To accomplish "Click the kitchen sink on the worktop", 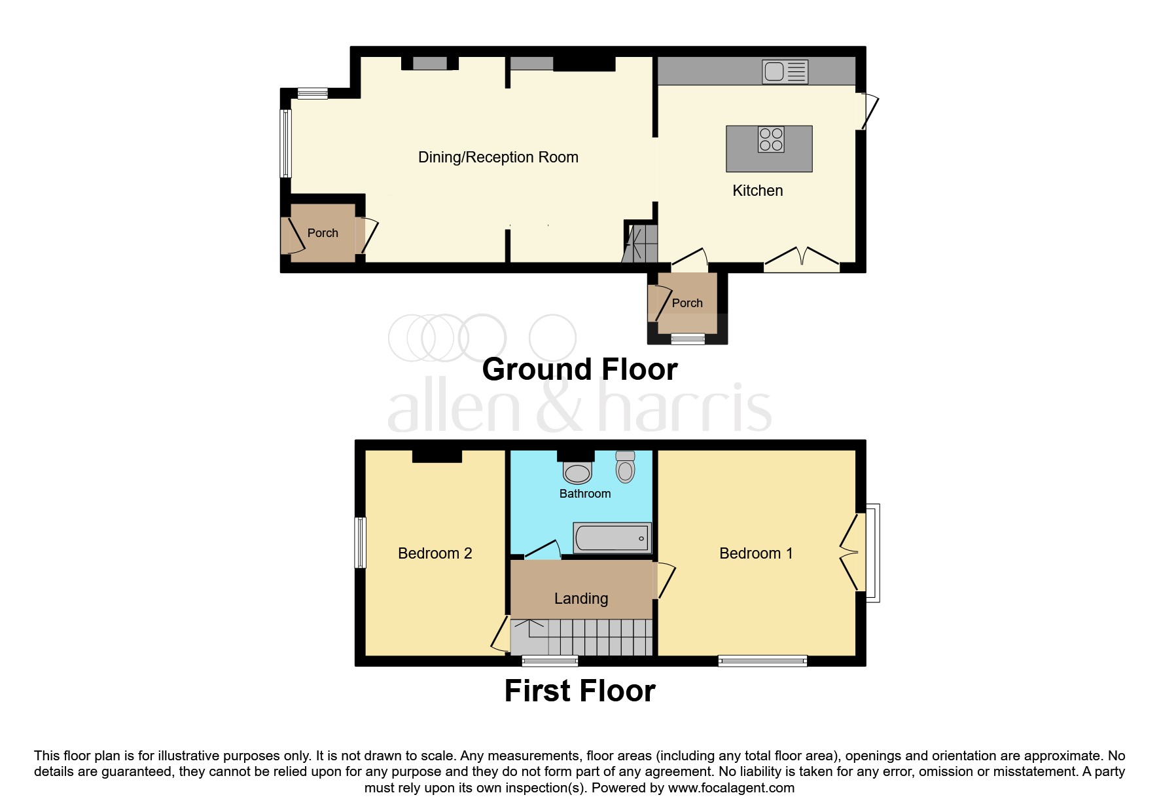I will (785, 71).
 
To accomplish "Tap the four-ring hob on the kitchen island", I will (770, 139).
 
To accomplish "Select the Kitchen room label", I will (757, 191).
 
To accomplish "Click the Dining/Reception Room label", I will (498, 157).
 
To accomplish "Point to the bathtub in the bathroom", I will (612, 538).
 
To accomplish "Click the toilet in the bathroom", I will (626, 466).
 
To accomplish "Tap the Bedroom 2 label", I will (435, 553).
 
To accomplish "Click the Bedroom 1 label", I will (756, 553).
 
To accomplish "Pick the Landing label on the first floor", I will (581, 599).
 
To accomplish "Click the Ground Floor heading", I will (579, 369).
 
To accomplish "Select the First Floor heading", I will (579, 692).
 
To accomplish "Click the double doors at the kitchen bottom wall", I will (802, 261).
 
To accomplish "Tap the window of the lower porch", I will (688, 339).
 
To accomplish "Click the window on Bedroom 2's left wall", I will (360, 543).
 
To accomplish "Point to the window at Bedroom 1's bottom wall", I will (762, 661).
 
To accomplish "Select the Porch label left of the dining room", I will (323, 233).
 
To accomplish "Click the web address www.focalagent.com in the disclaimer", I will (730, 788).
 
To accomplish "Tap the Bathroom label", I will (584, 494).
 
